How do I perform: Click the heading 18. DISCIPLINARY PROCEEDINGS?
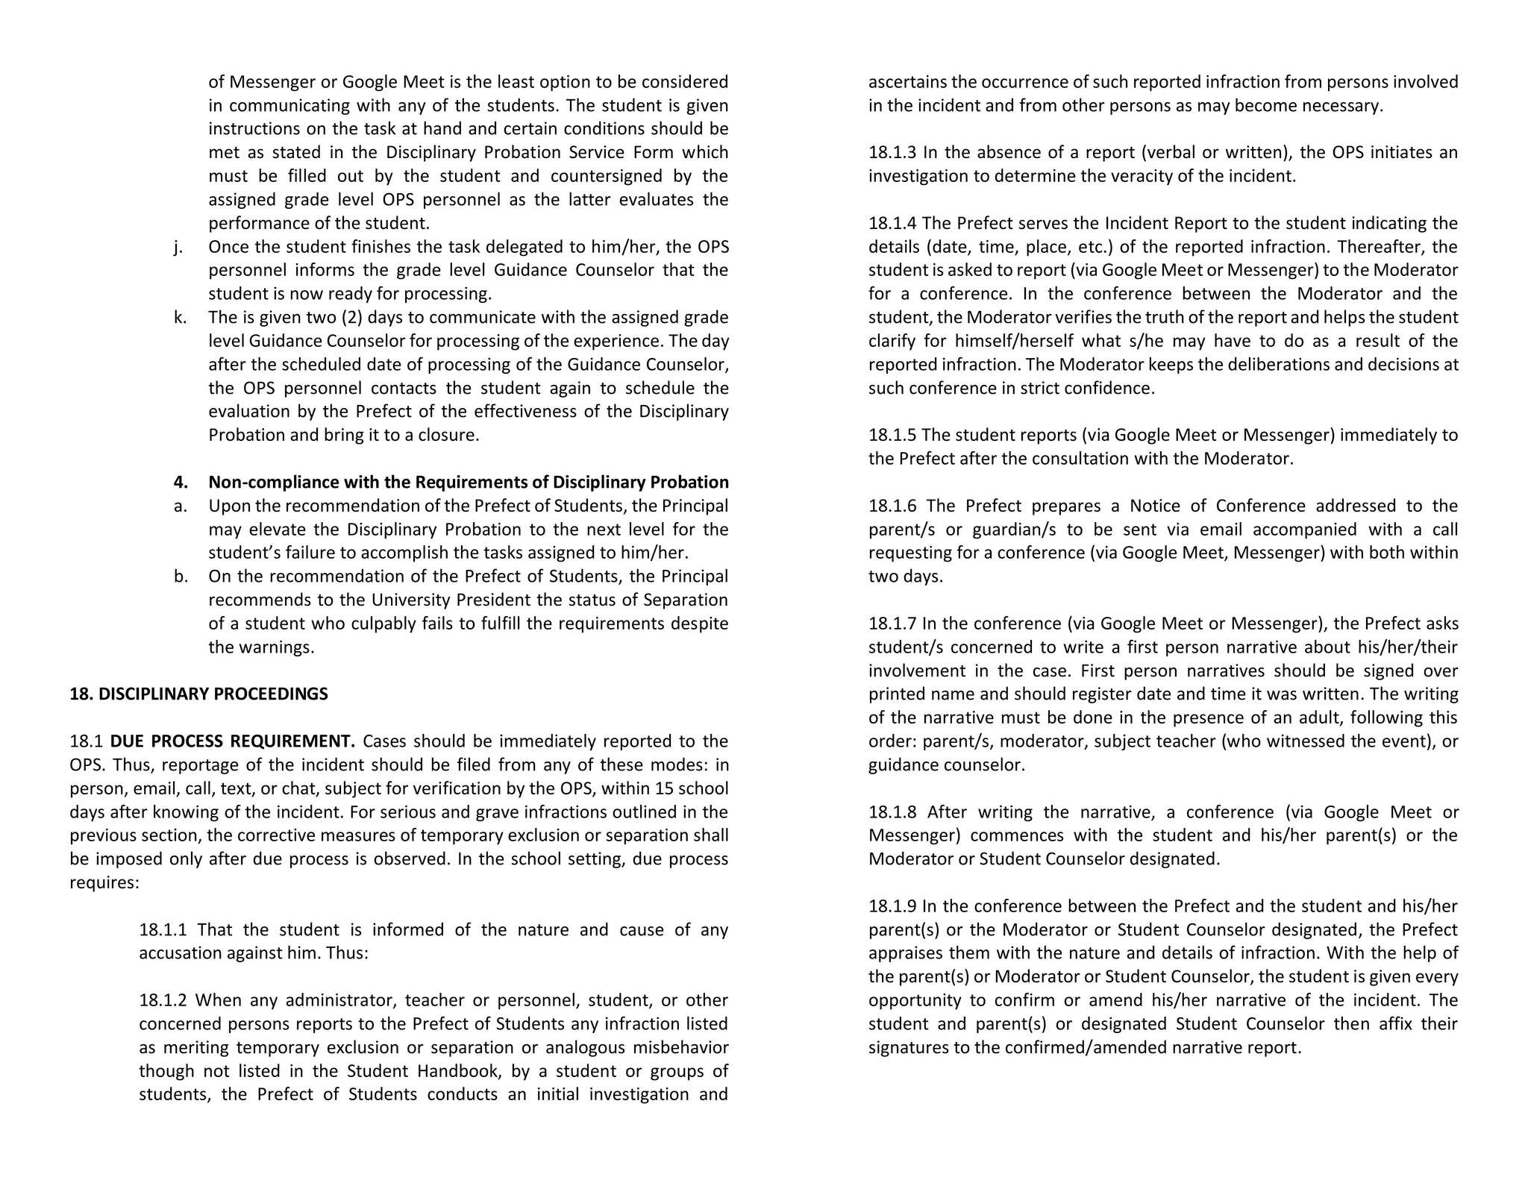(198, 694)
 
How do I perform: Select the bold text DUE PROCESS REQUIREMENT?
(232, 741)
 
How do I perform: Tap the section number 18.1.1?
(163, 930)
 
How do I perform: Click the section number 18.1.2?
(163, 1000)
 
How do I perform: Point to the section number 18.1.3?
(892, 153)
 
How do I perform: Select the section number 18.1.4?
(892, 224)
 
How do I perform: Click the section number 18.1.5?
(892, 436)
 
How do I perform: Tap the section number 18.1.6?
(892, 506)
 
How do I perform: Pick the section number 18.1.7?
(892, 624)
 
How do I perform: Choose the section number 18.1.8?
(892, 812)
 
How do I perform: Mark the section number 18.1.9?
(892, 907)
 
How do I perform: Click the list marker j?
(178, 247)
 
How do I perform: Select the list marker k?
(180, 318)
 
